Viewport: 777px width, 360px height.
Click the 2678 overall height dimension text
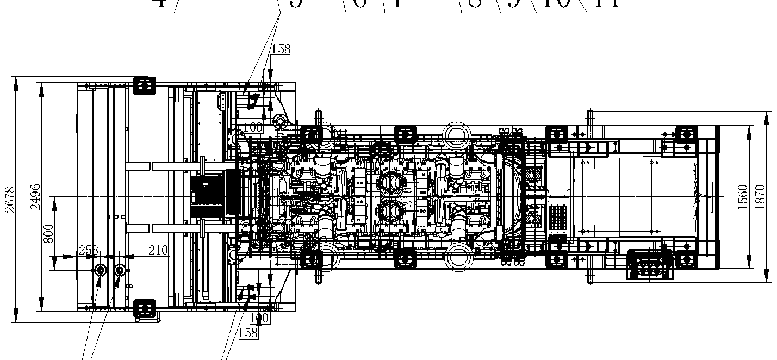(x=10, y=200)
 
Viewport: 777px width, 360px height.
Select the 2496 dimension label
(x=35, y=197)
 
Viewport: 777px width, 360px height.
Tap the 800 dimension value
(x=49, y=234)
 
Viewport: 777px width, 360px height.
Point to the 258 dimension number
(x=89, y=250)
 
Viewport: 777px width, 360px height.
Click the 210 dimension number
(x=158, y=250)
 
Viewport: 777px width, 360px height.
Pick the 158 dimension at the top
(x=281, y=49)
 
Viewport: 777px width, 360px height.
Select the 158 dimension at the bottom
(x=248, y=332)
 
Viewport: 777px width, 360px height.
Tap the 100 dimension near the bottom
(x=259, y=318)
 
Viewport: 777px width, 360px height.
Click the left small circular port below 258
(x=100, y=270)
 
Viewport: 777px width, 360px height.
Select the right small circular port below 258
(x=120, y=270)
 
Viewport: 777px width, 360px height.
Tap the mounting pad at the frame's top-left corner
(x=144, y=85)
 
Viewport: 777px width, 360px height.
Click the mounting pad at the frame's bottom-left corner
(x=144, y=309)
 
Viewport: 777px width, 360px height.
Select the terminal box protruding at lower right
(x=650, y=264)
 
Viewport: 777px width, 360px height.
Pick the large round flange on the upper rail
(x=457, y=133)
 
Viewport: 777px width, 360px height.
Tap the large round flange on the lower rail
(x=457, y=258)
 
